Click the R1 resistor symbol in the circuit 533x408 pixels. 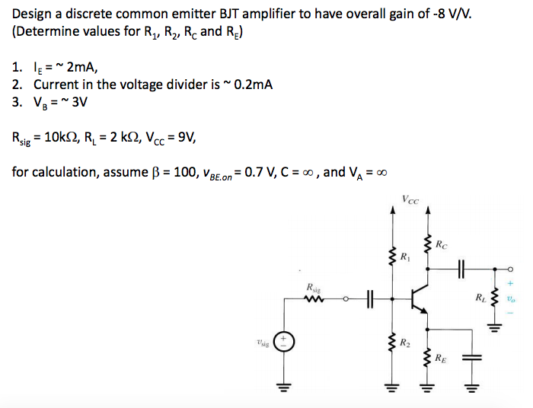coord(393,256)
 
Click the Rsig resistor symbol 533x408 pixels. coord(313,298)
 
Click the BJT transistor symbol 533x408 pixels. coord(419,298)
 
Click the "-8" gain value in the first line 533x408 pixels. coord(438,14)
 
